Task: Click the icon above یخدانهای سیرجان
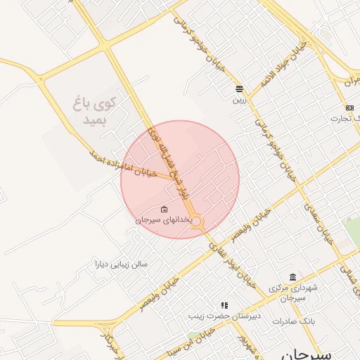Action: tap(164, 209)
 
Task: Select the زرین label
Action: tap(240, 100)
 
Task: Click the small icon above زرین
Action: tap(240, 89)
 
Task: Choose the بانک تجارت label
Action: tap(347, 118)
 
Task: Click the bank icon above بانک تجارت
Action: tap(349, 107)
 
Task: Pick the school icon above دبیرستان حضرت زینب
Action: tap(224, 305)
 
